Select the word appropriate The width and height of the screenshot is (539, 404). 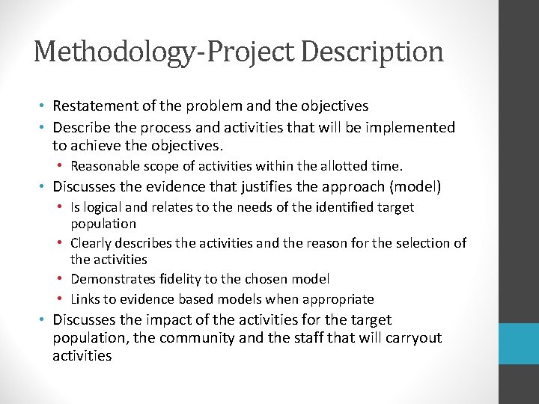tap(338, 299)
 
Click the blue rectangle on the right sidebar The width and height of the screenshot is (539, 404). tap(519, 344)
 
